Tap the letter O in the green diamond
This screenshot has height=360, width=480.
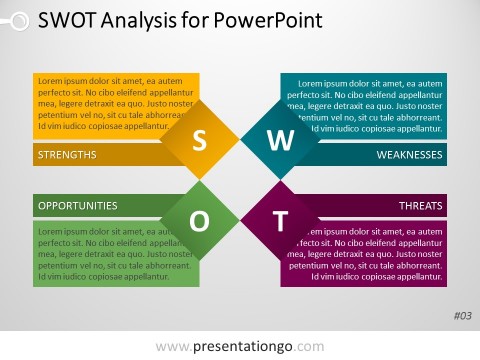199,221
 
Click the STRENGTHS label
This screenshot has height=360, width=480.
67,155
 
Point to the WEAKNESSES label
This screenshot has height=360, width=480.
409,155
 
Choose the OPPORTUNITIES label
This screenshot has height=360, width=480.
77,206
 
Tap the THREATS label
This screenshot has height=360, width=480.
420,206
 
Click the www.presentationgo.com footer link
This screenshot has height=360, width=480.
240,346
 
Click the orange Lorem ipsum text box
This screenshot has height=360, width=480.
110,104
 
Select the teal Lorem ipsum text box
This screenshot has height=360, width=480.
370,104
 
